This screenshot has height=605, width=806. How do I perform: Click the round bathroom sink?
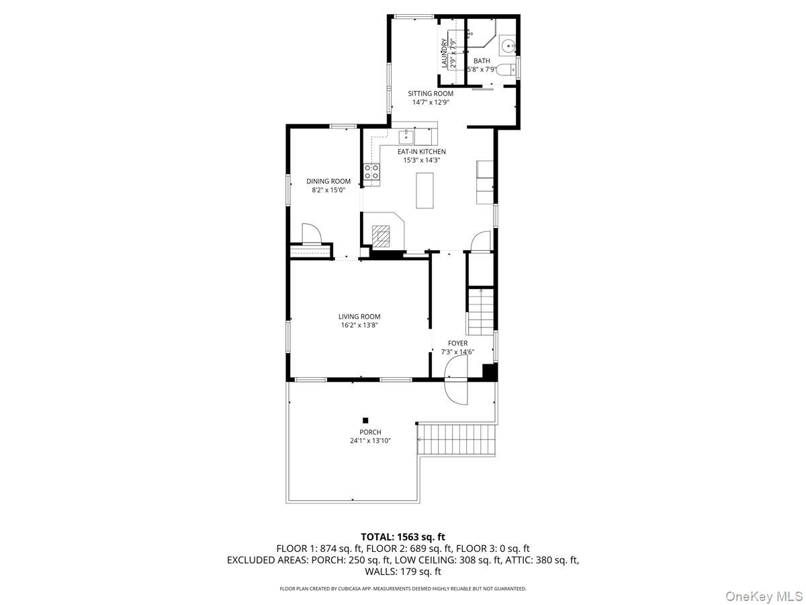508,46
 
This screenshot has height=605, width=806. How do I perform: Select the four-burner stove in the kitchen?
371,173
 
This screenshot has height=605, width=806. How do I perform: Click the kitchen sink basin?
405,137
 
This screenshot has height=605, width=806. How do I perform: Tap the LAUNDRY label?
444,53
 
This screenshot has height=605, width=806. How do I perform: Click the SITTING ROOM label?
431,93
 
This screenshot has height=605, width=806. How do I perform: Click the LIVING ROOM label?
359,317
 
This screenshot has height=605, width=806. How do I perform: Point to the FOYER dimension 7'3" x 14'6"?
457,352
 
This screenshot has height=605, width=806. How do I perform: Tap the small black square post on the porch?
365,420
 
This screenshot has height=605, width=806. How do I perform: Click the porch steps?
456,440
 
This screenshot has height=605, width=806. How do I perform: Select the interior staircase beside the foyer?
481,312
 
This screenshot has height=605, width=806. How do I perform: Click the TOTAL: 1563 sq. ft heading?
403,536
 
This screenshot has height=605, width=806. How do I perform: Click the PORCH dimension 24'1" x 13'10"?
370,441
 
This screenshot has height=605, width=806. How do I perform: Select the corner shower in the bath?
482,37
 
